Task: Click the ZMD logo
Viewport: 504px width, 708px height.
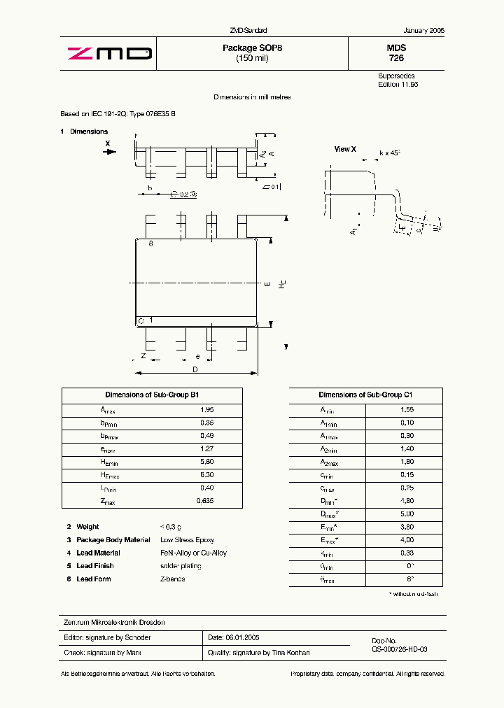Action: [108, 53]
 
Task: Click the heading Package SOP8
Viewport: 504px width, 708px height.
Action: [252, 48]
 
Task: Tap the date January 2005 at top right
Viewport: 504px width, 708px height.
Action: [423, 31]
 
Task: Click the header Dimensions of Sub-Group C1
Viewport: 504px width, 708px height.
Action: [365, 395]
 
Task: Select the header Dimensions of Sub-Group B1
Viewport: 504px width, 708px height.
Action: [152, 395]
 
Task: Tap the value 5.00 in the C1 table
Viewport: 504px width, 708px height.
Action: [407, 514]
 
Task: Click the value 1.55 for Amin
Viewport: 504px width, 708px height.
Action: [407, 410]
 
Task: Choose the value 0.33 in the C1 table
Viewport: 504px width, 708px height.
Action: [407, 553]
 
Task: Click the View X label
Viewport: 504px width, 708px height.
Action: [345, 149]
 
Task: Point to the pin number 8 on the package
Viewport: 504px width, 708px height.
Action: [150, 243]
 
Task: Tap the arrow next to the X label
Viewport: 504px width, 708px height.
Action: [109, 151]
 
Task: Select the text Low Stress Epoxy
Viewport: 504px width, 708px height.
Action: [187, 540]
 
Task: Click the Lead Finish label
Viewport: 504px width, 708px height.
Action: [94, 566]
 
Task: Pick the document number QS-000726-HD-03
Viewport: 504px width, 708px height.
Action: [399, 649]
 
